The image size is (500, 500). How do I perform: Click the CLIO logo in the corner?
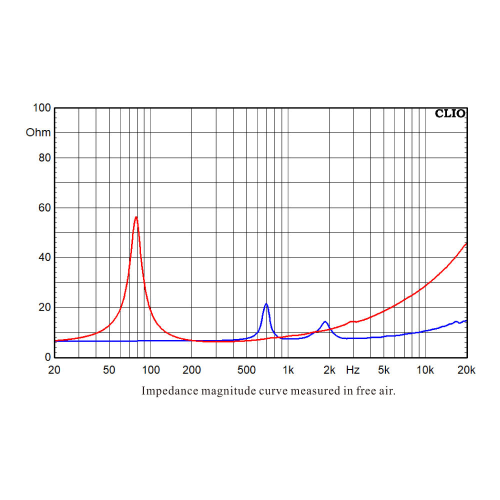(x=449, y=113)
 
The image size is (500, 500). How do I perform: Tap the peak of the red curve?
(x=136, y=217)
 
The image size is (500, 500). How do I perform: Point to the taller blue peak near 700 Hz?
(x=266, y=304)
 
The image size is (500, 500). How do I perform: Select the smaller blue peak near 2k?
(x=325, y=321)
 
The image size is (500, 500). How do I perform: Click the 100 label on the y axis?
(x=41, y=108)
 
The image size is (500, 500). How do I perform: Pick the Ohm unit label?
(x=38, y=132)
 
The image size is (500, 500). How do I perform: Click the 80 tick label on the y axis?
(x=44, y=158)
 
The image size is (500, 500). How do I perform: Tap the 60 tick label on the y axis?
(x=44, y=208)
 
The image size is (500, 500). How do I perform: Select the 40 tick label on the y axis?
(x=44, y=257)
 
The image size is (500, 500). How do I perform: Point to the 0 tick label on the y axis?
(x=48, y=357)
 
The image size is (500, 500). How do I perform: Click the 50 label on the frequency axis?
(x=109, y=370)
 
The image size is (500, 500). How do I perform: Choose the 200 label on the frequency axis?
(x=192, y=370)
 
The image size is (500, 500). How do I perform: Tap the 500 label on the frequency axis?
(x=246, y=370)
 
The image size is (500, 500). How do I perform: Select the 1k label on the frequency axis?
(x=288, y=370)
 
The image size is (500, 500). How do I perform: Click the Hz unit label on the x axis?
(x=353, y=370)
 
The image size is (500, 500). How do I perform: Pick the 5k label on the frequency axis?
(x=383, y=370)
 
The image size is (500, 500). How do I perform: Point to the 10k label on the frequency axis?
(x=425, y=370)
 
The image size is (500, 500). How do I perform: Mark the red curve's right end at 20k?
(x=466, y=243)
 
